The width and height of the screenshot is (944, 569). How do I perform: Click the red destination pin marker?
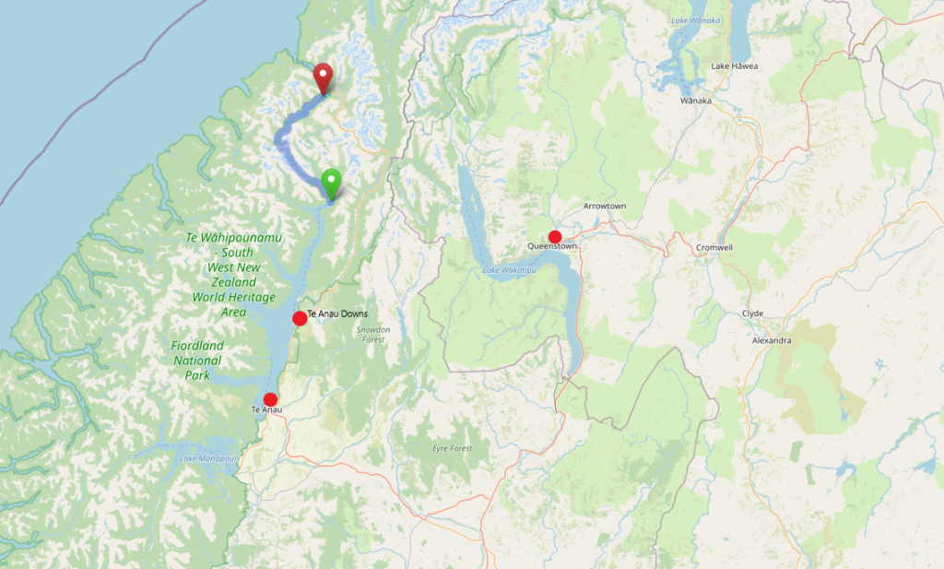(x=323, y=77)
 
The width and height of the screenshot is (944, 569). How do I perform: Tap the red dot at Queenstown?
(x=555, y=237)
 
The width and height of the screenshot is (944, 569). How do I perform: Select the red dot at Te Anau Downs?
(x=300, y=318)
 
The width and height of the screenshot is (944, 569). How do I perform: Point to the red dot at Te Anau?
(x=270, y=399)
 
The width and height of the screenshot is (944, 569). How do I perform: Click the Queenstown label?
(x=552, y=247)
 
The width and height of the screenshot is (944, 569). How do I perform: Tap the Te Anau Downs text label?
(x=337, y=314)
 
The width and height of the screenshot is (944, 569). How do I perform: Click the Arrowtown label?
(x=604, y=206)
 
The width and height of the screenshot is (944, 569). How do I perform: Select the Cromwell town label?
(x=714, y=247)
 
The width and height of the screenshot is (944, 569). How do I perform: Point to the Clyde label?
(x=752, y=314)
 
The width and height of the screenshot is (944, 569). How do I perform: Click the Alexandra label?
(x=772, y=340)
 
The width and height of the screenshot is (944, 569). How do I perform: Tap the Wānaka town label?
(x=696, y=101)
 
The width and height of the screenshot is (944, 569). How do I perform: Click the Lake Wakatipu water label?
(x=509, y=270)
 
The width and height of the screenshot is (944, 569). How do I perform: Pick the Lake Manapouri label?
(x=208, y=458)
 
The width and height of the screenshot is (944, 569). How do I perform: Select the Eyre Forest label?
(x=452, y=448)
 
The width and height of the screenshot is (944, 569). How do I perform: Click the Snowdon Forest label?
(x=373, y=334)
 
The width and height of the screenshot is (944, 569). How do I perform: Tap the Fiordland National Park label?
(x=197, y=361)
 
